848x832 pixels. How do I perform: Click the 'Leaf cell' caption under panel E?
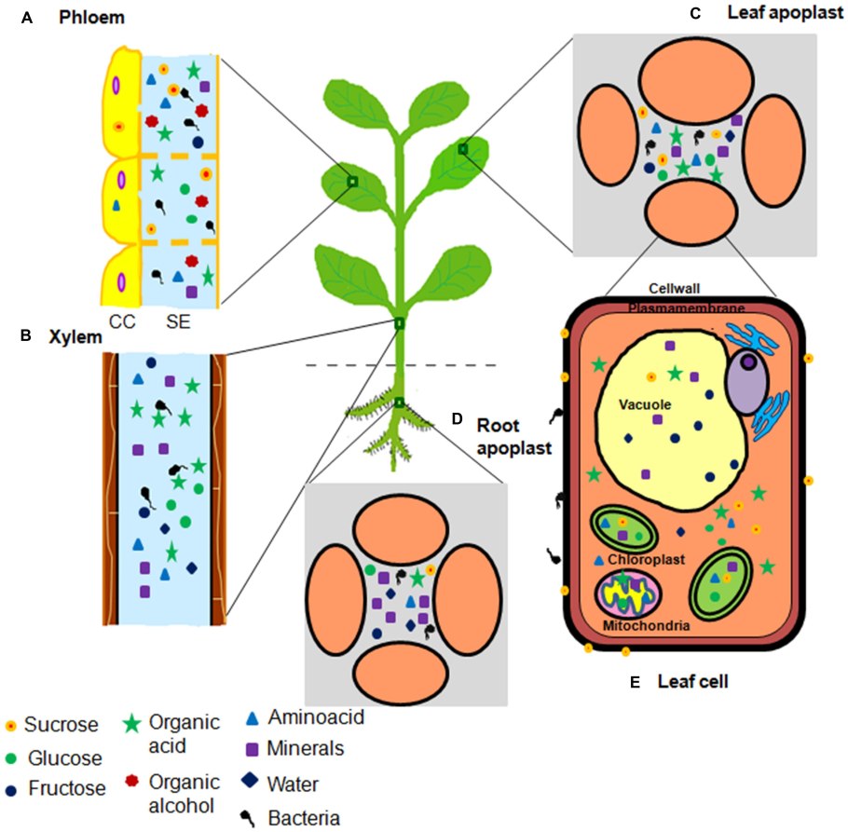(692, 682)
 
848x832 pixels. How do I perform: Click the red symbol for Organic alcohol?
(133, 781)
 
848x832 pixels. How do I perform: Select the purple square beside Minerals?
(251, 748)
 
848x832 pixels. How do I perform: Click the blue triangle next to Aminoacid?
(251, 718)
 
